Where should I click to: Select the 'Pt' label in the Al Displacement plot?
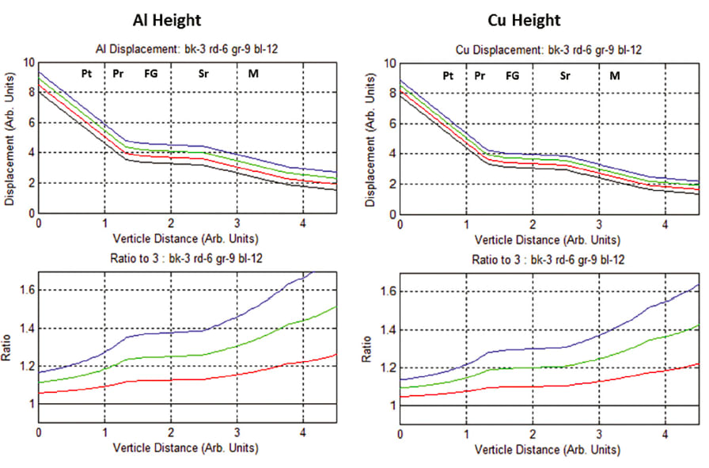[86, 74]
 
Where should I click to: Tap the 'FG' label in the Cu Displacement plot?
[513, 76]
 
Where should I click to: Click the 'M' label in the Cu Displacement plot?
[614, 76]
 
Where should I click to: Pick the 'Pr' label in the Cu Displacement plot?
[480, 76]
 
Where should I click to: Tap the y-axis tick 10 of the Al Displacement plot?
[28, 62]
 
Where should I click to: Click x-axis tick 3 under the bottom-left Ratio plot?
[237, 432]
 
